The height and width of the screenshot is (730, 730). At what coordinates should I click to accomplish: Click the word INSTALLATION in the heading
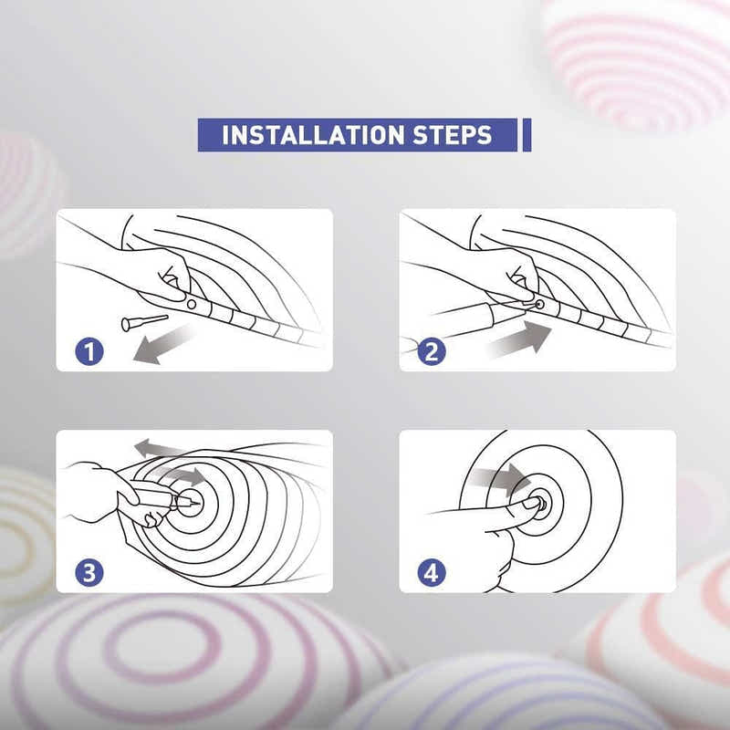pyautogui.click(x=313, y=135)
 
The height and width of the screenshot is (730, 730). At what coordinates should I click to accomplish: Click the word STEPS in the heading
pyautogui.click(x=452, y=135)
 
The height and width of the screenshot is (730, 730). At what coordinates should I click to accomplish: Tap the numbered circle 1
pyautogui.click(x=89, y=351)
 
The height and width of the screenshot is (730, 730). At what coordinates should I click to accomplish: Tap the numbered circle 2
pyautogui.click(x=432, y=351)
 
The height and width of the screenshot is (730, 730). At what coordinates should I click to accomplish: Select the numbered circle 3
pyautogui.click(x=89, y=573)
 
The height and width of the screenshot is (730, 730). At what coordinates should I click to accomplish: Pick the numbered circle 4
pyautogui.click(x=432, y=573)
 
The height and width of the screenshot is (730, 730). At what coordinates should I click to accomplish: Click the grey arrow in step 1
pyautogui.click(x=163, y=344)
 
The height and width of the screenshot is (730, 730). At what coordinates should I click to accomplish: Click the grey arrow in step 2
pyautogui.click(x=518, y=339)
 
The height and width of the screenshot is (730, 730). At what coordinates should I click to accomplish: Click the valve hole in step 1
pyautogui.click(x=192, y=304)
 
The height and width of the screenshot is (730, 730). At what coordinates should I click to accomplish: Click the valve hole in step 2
pyautogui.click(x=540, y=304)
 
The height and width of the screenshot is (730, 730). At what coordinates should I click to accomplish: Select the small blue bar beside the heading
pyautogui.click(x=527, y=135)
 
